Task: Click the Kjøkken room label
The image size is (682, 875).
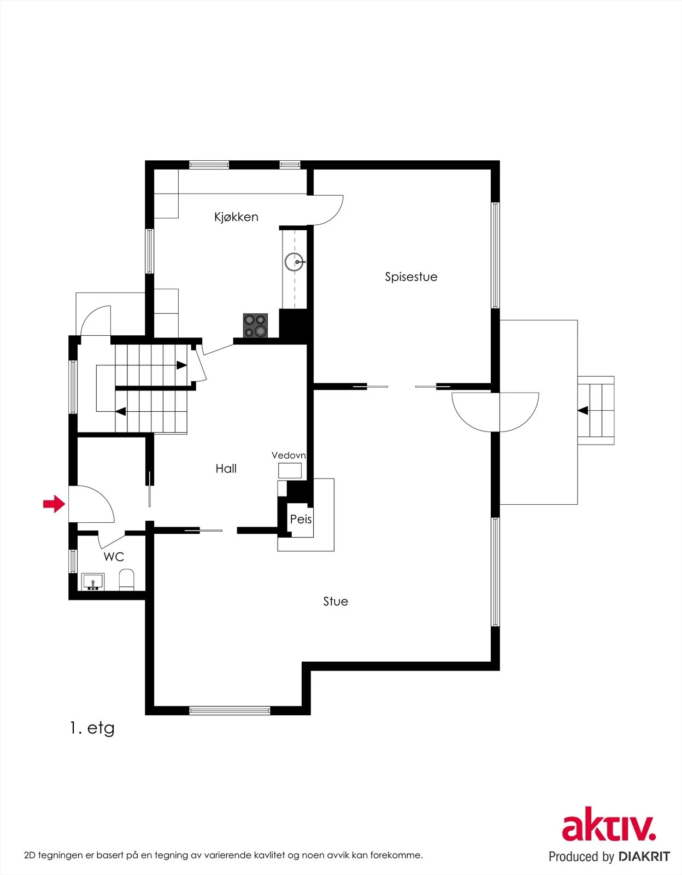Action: click(236, 217)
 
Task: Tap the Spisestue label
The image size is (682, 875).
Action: click(411, 277)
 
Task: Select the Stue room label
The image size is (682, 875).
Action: click(336, 601)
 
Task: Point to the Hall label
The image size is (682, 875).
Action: click(226, 468)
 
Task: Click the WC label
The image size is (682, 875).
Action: click(114, 557)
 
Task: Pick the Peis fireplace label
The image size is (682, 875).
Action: click(301, 519)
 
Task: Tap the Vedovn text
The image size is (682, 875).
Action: click(289, 456)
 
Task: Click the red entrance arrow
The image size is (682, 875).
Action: click(54, 504)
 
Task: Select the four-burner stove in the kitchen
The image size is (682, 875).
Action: click(255, 325)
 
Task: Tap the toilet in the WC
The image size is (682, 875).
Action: click(126, 580)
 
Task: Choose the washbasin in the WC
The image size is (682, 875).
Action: click(93, 582)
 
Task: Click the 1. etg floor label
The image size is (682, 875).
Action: click(92, 728)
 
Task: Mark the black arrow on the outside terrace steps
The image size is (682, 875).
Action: click(583, 411)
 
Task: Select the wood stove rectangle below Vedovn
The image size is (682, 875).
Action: click(290, 471)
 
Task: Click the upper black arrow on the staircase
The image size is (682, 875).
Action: click(181, 365)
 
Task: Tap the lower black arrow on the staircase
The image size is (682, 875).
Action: click(121, 412)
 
